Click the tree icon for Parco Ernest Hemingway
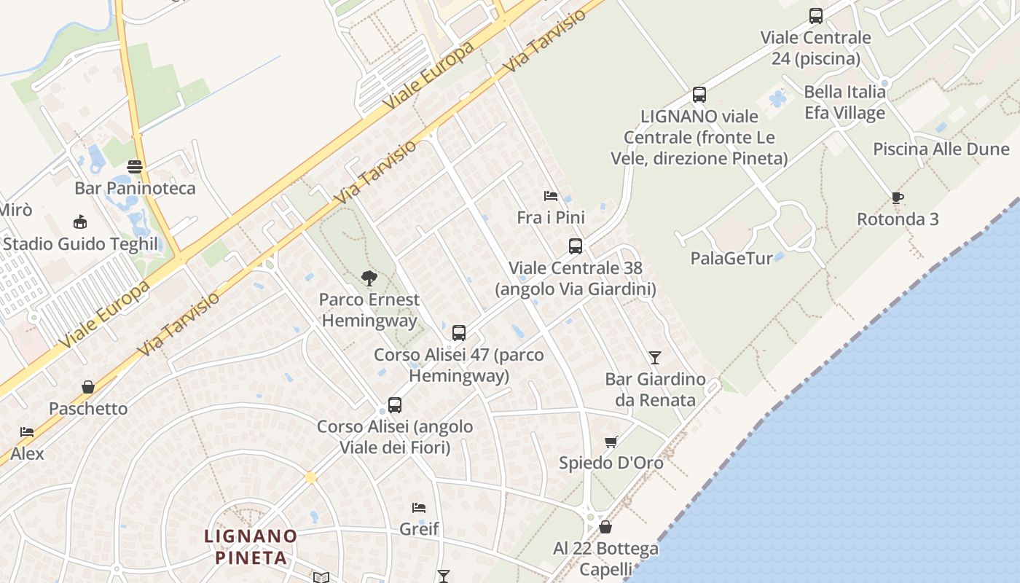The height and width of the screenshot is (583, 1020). coord(369,278)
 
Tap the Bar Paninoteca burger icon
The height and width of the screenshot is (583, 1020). coord(135,167)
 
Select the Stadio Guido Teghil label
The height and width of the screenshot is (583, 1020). coord(80,243)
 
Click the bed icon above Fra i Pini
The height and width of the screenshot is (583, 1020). coord(551,196)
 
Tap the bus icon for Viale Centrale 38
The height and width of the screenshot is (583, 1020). coord(576,246)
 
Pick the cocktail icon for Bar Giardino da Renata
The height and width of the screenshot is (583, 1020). coord(655,357)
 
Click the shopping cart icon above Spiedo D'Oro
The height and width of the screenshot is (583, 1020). coord(611,442)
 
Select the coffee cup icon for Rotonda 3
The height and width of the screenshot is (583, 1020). coord(898,197)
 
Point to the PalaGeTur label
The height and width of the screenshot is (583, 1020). coord(731,258)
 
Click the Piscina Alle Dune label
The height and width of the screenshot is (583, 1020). coord(941,149)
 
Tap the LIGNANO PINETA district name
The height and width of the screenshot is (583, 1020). coord(251,547)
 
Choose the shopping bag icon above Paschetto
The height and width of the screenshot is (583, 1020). coord(88,387)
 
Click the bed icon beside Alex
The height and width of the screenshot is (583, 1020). coord(27,432)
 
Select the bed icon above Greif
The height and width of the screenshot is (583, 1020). coord(419,507)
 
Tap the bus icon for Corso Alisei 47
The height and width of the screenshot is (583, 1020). coord(459,333)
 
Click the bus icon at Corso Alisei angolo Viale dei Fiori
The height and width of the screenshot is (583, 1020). coord(395,404)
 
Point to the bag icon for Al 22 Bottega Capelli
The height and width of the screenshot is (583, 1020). coord(605,526)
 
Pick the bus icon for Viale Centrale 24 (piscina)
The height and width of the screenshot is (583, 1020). coord(816,15)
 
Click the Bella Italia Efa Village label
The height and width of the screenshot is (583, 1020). coord(845,102)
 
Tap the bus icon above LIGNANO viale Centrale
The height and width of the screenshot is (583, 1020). coord(699,94)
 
